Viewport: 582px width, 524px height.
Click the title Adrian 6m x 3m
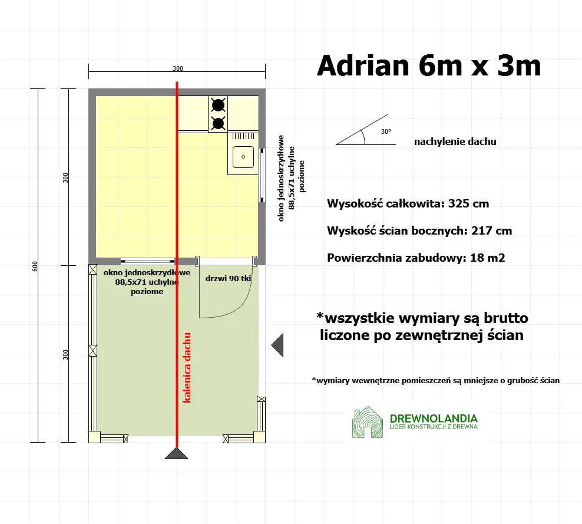[429, 66]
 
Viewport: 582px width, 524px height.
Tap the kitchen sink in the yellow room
[242, 157]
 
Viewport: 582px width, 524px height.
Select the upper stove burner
[218, 105]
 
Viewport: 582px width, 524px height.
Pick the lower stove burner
[218, 123]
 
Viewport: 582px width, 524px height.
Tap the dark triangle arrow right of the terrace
[277, 345]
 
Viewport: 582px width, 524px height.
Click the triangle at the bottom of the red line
[176, 453]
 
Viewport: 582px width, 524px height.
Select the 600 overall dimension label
[35, 266]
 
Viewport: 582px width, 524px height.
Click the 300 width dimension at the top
[177, 68]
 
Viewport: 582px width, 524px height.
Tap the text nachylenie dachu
[455, 141]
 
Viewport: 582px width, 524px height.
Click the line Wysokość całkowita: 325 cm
[408, 204]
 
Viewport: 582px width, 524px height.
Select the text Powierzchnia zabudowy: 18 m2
[416, 257]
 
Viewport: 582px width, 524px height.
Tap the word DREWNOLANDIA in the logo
[433, 418]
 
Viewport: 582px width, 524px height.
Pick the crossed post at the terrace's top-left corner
[92, 270]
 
